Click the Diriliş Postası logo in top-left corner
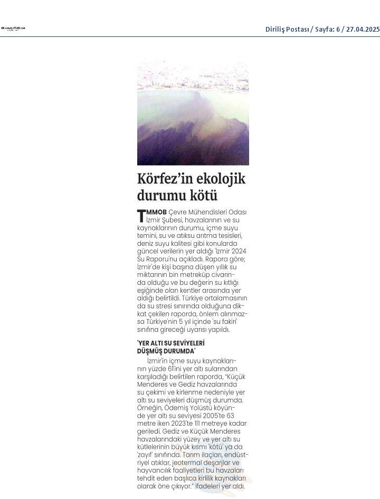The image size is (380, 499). (x=13, y=28)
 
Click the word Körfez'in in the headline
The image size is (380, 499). (x=166, y=179)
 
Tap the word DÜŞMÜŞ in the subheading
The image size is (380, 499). (x=150, y=350)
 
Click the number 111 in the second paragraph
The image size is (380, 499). (x=196, y=423)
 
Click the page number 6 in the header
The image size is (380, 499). (x=338, y=29)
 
